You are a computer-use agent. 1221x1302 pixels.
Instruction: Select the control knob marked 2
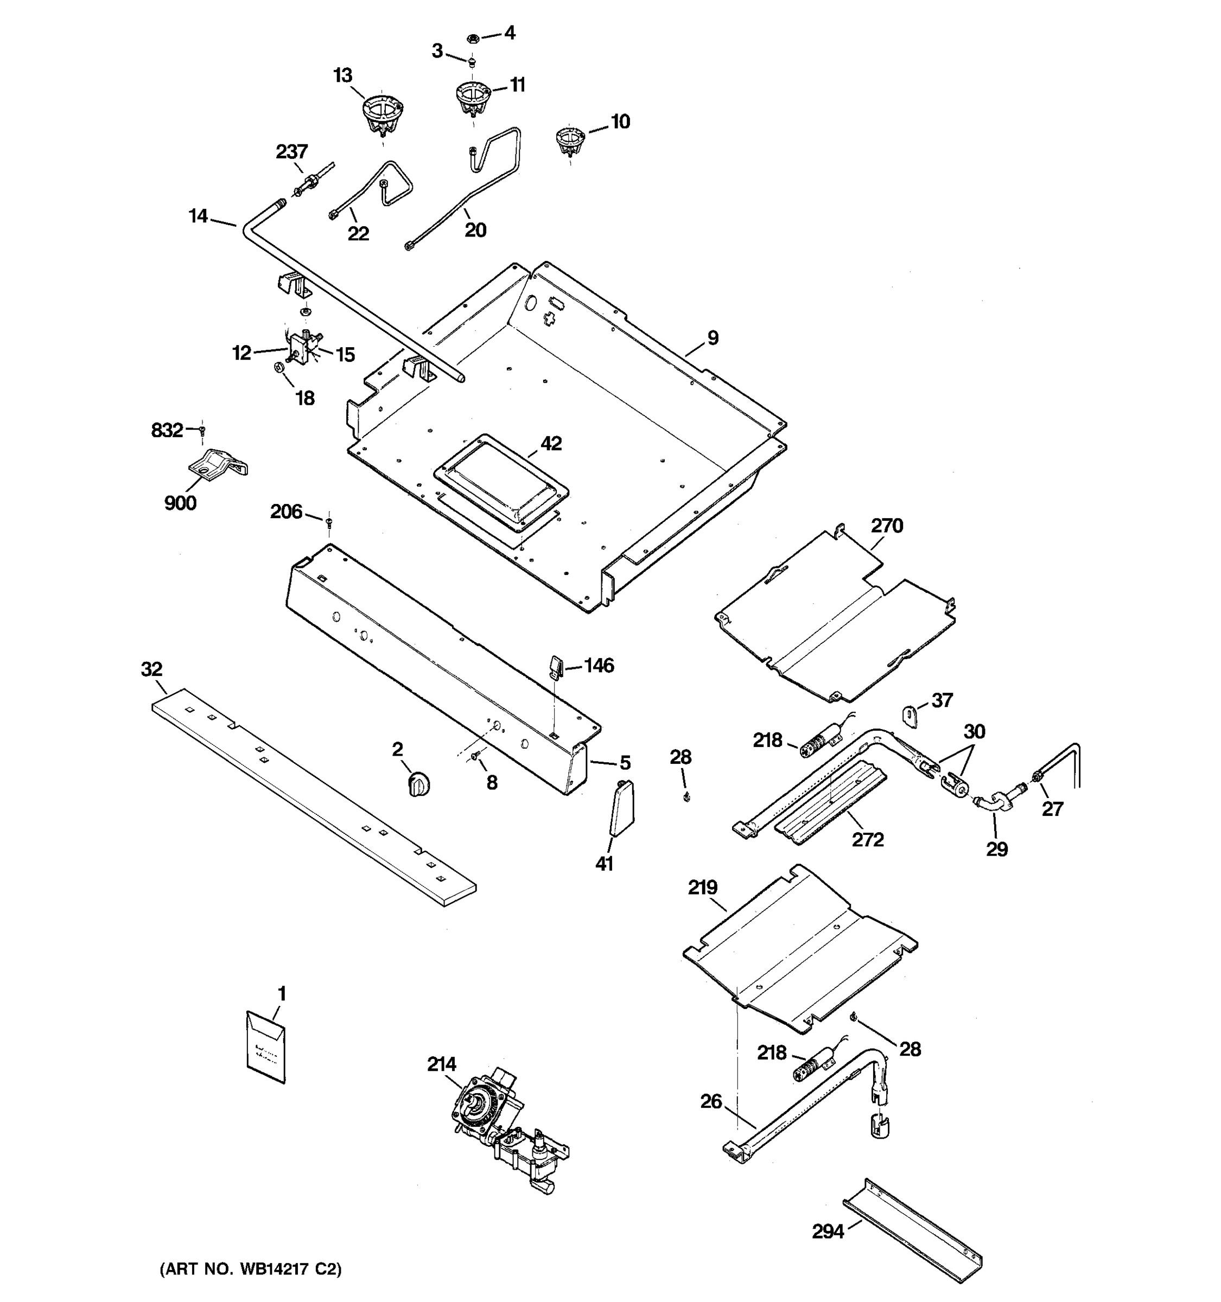click(418, 784)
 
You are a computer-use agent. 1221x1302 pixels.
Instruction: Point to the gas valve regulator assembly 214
click(504, 1133)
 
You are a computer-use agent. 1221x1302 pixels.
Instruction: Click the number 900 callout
click(180, 503)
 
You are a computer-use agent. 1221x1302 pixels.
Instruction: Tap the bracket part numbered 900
click(218, 465)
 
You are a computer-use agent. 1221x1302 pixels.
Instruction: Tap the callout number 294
click(828, 1232)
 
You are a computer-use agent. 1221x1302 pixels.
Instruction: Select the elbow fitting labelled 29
click(994, 803)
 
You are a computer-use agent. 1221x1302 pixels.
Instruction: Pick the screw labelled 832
click(202, 430)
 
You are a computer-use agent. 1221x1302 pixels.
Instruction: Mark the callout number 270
click(887, 525)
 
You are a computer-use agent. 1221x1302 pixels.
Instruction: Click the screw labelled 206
click(329, 521)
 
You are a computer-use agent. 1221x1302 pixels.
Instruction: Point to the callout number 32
click(151, 669)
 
